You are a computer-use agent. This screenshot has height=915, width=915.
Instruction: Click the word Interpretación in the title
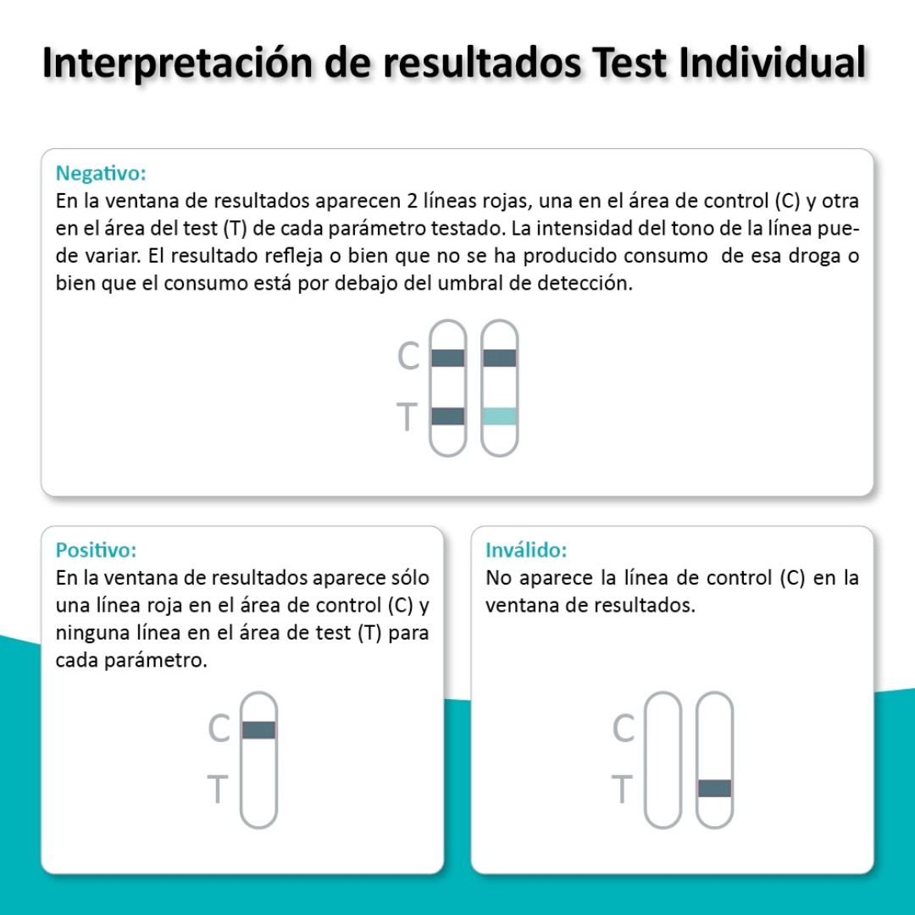(177, 63)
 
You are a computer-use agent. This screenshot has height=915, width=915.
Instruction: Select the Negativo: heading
(100, 174)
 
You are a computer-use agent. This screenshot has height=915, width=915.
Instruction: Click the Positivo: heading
(96, 550)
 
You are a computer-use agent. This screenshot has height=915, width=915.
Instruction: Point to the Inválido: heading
(526, 550)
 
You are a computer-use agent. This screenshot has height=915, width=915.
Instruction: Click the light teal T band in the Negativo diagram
(500, 416)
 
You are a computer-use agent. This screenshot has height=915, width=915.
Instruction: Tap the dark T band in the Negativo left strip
(447, 416)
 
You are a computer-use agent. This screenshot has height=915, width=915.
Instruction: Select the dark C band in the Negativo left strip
(447, 358)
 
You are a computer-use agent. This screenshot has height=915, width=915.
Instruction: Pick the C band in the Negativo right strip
(500, 358)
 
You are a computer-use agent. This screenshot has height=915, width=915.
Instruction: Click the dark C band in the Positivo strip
(258, 730)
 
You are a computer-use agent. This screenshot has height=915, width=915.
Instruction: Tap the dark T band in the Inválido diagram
(714, 789)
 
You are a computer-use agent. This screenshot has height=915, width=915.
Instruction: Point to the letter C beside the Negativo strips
(408, 355)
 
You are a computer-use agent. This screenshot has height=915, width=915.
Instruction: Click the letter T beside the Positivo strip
(217, 789)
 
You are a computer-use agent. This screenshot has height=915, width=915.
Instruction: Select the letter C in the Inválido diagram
(624, 728)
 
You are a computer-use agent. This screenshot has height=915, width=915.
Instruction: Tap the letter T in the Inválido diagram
(622, 789)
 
